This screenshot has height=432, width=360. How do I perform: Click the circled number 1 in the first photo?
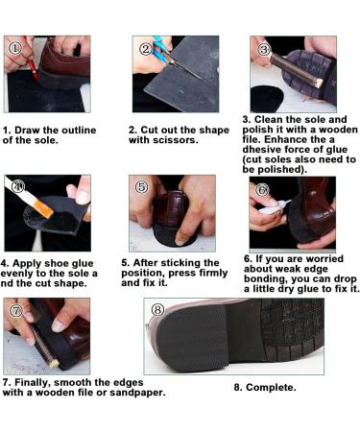[14, 48]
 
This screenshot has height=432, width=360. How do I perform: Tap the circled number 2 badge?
[146, 49]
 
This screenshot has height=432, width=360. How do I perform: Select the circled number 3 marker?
[264, 50]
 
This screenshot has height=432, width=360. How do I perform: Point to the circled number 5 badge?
[142, 187]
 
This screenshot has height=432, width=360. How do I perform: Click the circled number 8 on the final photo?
[157, 309]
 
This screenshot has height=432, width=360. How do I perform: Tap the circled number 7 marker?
[16, 310]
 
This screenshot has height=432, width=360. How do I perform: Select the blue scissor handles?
[160, 50]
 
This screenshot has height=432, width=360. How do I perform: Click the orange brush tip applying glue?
[44, 208]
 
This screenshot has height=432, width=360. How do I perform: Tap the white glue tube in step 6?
[275, 207]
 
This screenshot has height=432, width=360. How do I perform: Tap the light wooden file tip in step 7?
[55, 364]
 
